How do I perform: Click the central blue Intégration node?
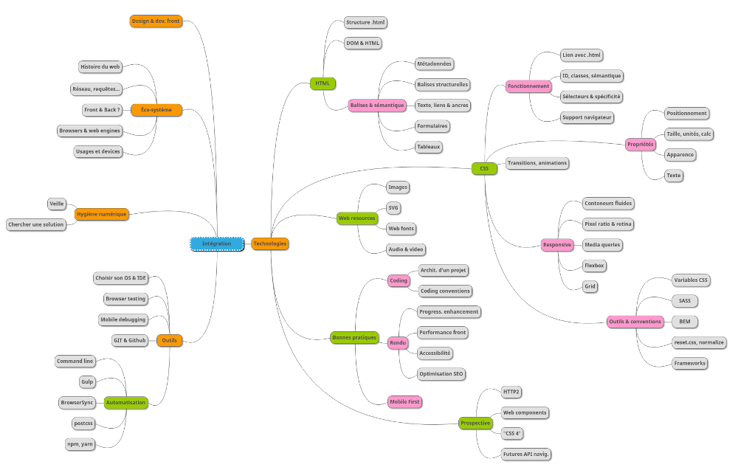click(216, 243)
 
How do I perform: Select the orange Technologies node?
click(269, 243)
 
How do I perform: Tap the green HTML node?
click(323, 83)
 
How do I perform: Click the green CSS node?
click(484, 169)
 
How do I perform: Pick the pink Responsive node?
click(556, 244)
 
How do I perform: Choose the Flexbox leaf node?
click(594, 265)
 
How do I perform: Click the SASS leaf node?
click(685, 301)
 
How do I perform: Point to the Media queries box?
click(602, 244)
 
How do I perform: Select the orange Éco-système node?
click(156, 110)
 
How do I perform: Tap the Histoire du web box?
click(100, 67)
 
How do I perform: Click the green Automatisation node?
click(125, 403)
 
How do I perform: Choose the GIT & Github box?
click(129, 340)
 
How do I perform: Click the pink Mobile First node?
click(405, 401)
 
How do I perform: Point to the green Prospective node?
click(475, 423)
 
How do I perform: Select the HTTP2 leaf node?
click(511, 392)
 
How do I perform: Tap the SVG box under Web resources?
click(393, 208)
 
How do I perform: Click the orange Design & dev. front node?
click(156, 21)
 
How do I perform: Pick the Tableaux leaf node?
click(428, 147)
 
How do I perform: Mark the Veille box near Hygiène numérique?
click(57, 204)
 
